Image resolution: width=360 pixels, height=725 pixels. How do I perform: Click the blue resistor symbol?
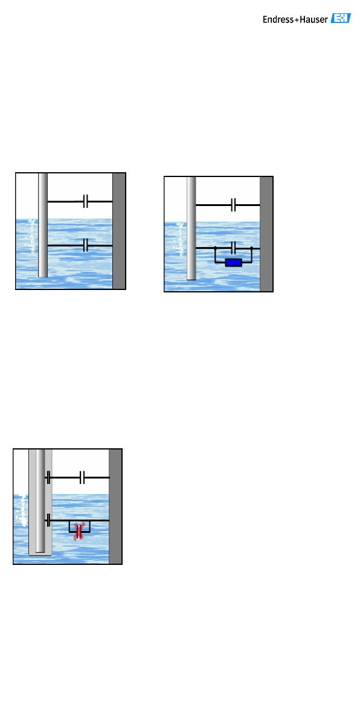coord(234,262)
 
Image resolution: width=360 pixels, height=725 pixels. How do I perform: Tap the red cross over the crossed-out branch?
coord(79,531)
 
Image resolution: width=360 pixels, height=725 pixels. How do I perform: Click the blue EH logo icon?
coord(341,19)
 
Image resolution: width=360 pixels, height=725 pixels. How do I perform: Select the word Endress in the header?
coord(278,20)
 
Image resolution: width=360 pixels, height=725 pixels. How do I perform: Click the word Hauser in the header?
coord(313,20)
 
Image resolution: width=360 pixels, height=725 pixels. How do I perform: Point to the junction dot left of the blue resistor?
coord(215,248)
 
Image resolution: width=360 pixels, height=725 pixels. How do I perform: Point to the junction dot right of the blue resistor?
coord(252,248)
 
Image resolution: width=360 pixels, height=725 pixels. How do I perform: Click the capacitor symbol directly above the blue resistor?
coord(233,248)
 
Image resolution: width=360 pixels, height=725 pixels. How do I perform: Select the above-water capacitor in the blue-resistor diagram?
coord(233,205)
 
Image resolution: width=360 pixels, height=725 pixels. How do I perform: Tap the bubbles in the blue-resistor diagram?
coord(180,239)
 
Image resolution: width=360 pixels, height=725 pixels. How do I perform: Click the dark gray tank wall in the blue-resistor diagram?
coord(266,234)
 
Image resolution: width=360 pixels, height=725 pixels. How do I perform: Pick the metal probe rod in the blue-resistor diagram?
coord(191,228)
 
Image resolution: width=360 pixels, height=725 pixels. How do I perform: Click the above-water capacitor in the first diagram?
coord(85,201)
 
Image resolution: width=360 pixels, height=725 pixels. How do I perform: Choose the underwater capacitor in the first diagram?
coord(85,245)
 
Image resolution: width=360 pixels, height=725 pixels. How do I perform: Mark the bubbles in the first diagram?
coord(31,236)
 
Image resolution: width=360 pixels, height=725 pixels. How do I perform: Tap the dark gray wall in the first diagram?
coord(119,231)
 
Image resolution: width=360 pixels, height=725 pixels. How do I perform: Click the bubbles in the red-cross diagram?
coord(22,511)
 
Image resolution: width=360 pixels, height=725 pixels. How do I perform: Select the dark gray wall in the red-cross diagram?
coord(115,506)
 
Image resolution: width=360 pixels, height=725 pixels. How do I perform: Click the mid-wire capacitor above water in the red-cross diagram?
coord(82,477)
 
